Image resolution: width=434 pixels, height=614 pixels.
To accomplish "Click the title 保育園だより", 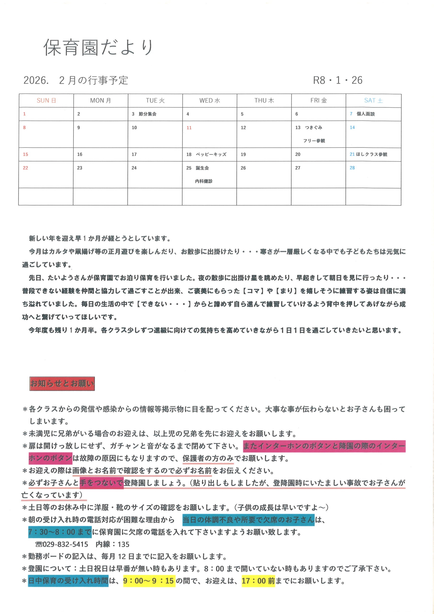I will click(98, 47).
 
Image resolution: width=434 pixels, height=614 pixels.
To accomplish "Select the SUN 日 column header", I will click(46, 100).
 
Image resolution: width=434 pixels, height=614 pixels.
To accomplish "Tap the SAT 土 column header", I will click(373, 100).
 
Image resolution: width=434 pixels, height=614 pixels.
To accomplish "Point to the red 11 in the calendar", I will click(189, 128).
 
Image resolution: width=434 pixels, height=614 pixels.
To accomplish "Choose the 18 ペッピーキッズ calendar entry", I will click(206, 154).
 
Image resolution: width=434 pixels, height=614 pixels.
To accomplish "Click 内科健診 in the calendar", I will click(204, 181).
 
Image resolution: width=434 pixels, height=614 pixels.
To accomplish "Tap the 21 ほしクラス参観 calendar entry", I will click(369, 154).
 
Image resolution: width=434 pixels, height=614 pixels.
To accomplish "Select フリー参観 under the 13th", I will click(314, 141).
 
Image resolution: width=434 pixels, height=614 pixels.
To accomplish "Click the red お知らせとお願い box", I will click(62, 384).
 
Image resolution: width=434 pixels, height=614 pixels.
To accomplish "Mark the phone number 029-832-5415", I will click(65, 544).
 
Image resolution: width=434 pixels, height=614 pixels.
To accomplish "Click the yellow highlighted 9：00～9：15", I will click(149, 581).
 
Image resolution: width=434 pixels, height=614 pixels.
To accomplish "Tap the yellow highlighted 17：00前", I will click(258, 581).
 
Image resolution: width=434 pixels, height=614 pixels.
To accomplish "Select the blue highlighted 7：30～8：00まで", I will click(60, 532).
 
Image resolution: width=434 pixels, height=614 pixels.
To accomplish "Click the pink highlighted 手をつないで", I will click(101, 483).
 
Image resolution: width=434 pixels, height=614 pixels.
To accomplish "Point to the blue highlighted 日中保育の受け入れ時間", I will click(68, 581).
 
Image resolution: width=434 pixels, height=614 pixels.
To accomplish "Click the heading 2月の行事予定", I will click(93, 80).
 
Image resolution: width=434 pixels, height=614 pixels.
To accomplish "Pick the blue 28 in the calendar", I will click(352, 168).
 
